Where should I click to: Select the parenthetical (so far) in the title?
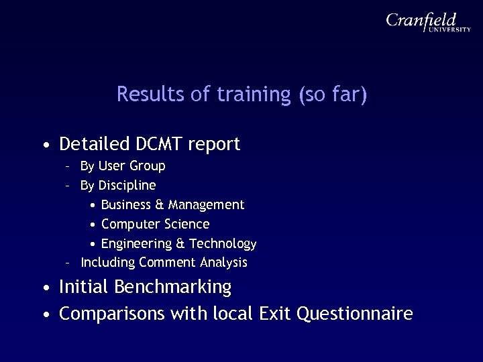coord(333,95)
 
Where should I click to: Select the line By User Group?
coord(122,166)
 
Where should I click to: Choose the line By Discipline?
coord(117,184)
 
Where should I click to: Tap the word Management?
coord(206,204)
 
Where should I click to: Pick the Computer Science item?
coord(155,223)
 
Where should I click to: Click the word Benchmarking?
coord(173,288)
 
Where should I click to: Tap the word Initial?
coord(85,288)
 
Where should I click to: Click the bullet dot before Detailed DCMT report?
coord(45,145)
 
